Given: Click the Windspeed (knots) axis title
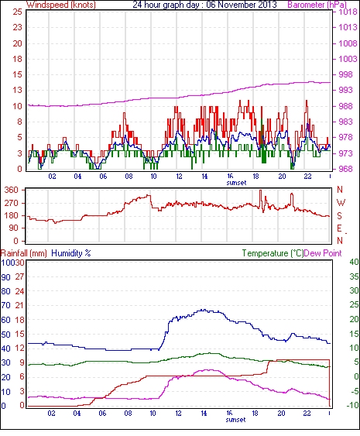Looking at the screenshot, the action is tap(61, 5).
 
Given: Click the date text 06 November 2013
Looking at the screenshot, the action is tap(242, 5).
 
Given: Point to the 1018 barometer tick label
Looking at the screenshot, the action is tap(348, 12).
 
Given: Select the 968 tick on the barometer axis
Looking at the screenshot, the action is tap(346, 169).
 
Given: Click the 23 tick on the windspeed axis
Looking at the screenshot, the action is tap(17, 28).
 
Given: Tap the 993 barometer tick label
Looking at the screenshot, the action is tap(346, 90).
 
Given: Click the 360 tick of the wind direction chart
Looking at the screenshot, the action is tap(12, 191).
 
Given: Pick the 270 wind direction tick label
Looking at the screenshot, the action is tap(12, 203).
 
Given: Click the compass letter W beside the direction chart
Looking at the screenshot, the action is tap(341, 203).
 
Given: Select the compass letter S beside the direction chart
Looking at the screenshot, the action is tap(339, 216).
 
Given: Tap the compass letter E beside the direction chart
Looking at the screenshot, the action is tap(339, 228).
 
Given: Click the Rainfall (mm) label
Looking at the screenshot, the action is tap(24, 253).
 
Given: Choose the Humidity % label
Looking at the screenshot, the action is tap(71, 253).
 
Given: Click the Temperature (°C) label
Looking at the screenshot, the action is tap(273, 253).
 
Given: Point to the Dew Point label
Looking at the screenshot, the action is tap(323, 253).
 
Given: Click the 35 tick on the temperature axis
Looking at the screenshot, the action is tap(354, 276).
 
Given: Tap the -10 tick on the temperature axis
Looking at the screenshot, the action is tap(352, 406).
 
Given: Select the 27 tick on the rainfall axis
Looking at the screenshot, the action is tap(19, 277).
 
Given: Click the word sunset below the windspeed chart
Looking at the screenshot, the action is tap(236, 183).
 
